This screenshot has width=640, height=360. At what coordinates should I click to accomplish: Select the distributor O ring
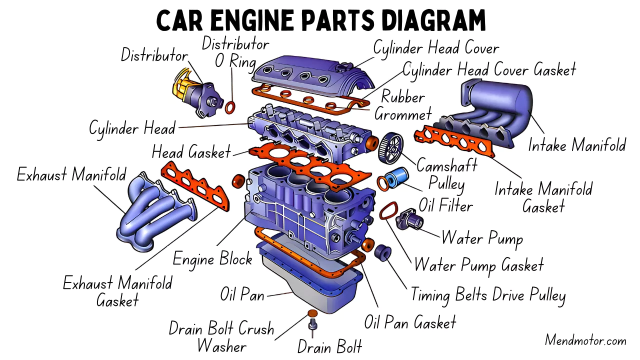(x=231, y=107)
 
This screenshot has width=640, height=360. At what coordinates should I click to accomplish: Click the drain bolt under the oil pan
(x=313, y=326)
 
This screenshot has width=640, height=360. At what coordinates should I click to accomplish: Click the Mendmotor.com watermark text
(x=585, y=341)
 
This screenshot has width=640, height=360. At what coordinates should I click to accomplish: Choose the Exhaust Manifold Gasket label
(x=117, y=291)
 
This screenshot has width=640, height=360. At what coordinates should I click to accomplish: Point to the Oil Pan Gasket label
(x=410, y=322)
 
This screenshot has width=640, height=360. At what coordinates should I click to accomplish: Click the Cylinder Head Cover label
(x=436, y=48)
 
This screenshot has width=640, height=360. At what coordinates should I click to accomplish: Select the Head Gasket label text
(x=191, y=151)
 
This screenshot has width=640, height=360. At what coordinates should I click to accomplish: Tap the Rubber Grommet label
(x=403, y=105)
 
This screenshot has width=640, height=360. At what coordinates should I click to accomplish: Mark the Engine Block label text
(x=212, y=258)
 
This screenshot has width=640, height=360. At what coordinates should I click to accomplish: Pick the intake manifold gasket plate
(x=454, y=140)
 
